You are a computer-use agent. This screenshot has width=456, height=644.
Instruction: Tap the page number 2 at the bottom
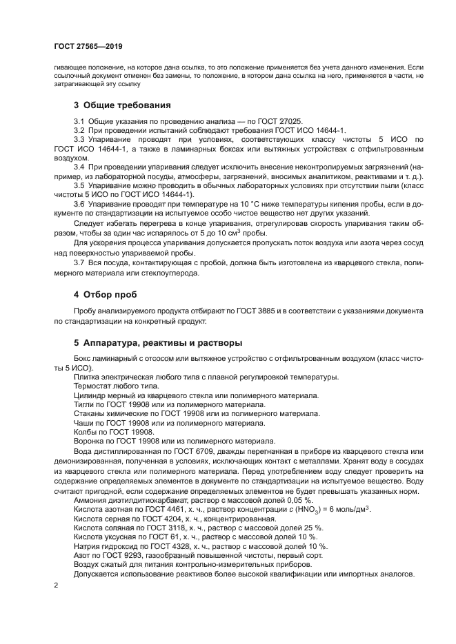click(x=56, y=585)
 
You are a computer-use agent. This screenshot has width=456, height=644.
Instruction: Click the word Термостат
click(x=92, y=386)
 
